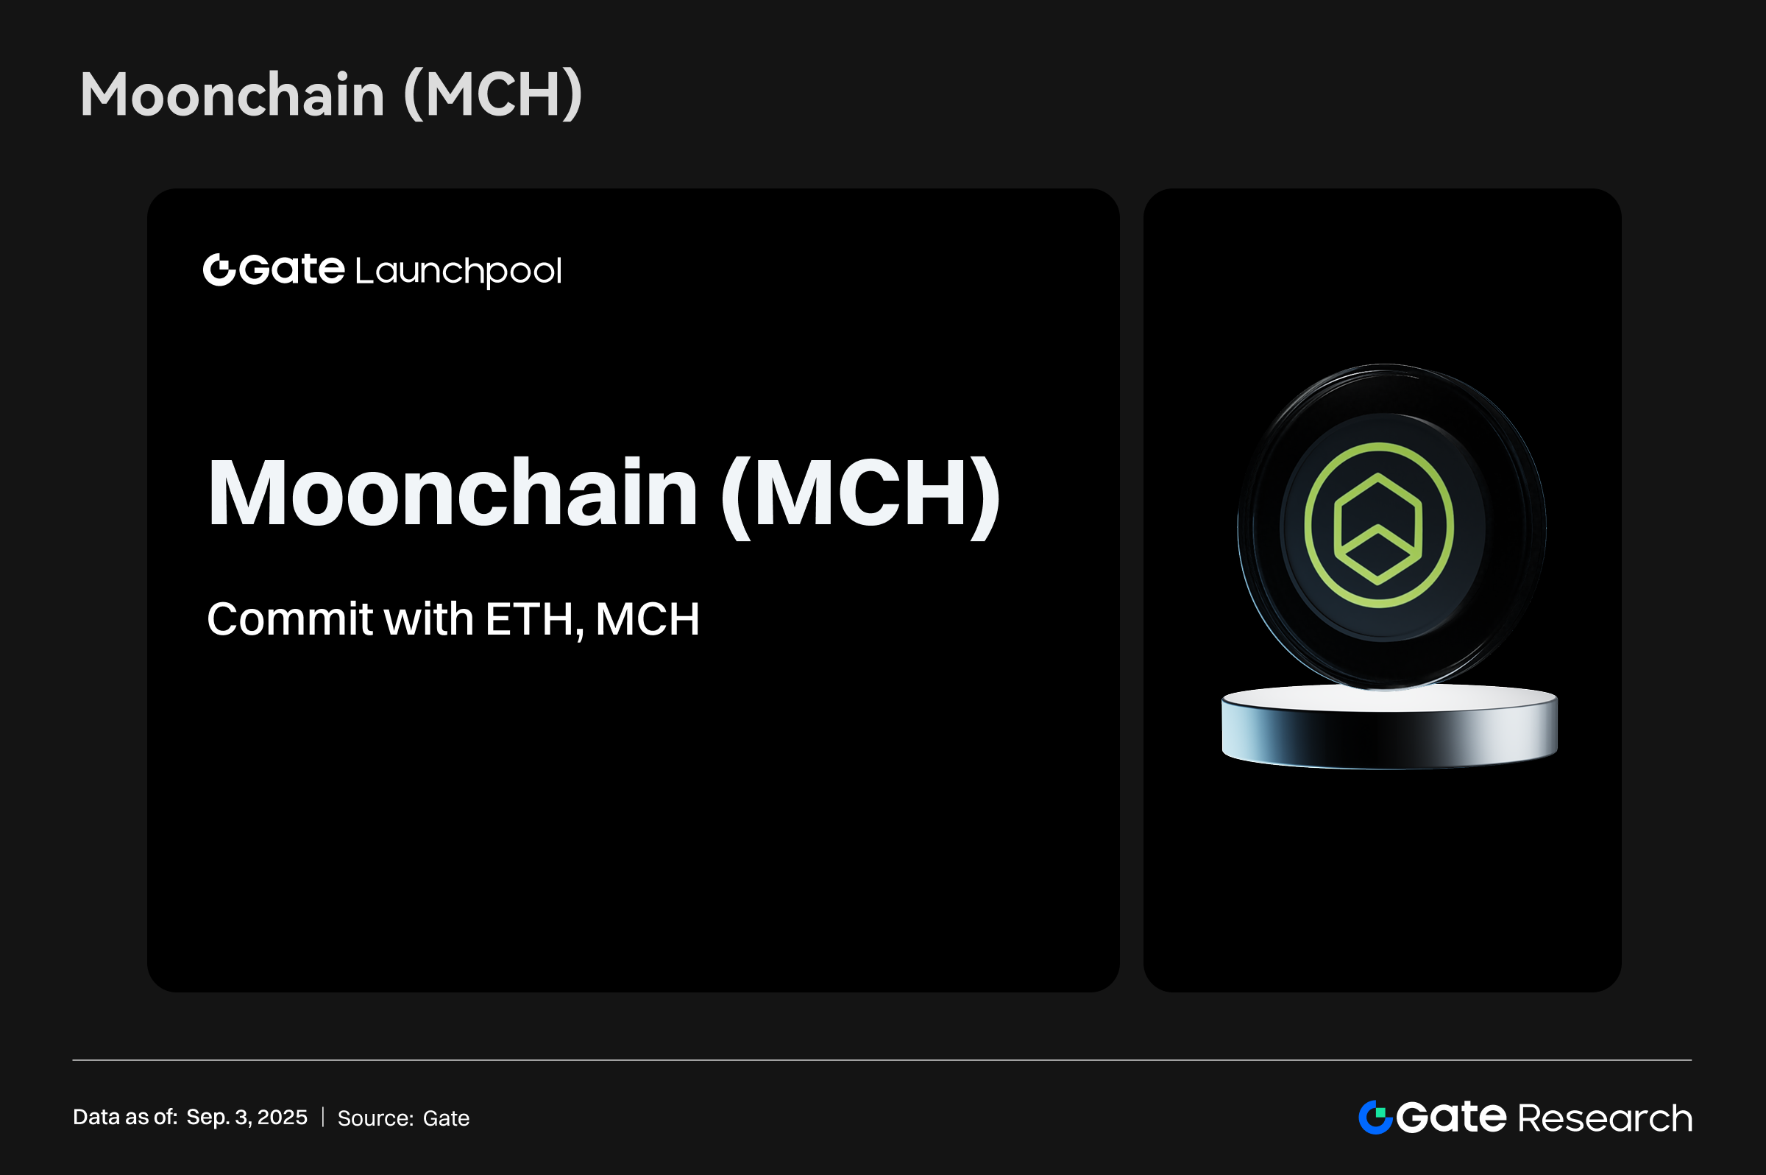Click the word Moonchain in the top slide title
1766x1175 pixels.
233,95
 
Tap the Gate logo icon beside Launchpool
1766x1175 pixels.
219,269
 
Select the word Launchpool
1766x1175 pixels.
458,271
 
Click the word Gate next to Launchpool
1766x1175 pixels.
292,269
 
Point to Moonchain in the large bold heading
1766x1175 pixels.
453,493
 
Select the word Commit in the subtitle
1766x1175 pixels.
290,619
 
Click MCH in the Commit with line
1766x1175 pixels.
648,620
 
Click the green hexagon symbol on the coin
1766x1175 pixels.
1378,529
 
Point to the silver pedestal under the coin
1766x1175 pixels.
1389,727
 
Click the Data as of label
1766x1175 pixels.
125,1118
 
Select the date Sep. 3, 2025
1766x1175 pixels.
247,1118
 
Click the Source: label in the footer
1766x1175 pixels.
376,1118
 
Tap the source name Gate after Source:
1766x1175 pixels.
447,1118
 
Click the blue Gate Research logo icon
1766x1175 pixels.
1376,1118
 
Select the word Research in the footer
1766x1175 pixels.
1605,1118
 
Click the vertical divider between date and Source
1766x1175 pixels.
323,1118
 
